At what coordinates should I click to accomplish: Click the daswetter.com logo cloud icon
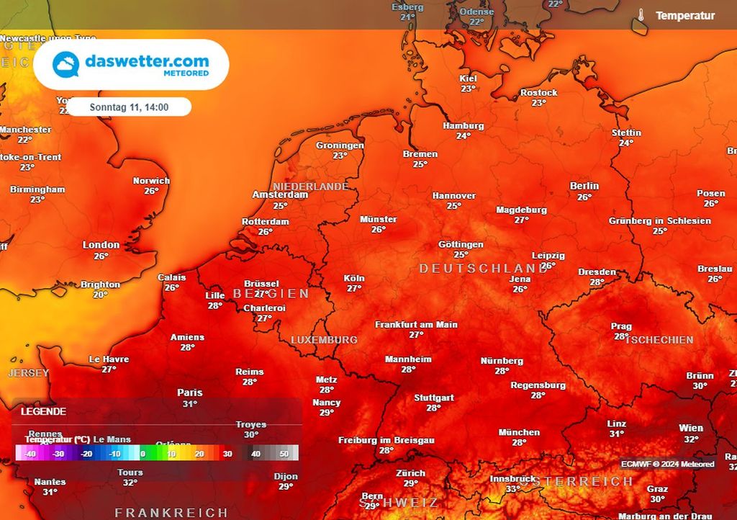tap(65, 64)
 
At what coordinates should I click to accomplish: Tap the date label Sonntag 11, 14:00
tap(130, 107)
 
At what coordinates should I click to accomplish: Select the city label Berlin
tap(584, 186)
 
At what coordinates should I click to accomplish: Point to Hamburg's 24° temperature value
tap(463, 135)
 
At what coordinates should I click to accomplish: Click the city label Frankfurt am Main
tap(416, 325)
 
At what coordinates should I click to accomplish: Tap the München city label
tap(519, 432)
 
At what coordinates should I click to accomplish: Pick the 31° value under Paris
tap(189, 404)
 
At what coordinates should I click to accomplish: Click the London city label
tap(101, 245)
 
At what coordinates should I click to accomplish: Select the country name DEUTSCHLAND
tap(484, 268)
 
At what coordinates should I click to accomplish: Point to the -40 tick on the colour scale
tap(30, 454)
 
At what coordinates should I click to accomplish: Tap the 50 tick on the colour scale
tap(284, 454)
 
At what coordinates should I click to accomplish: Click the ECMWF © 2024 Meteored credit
tap(669, 464)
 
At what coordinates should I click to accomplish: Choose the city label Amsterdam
tap(280, 194)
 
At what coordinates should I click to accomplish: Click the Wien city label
tap(691, 428)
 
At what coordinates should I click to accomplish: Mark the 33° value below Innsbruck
tap(512, 489)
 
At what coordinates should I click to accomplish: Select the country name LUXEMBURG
tap(324, 339)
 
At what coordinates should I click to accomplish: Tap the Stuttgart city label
tap(433, 398)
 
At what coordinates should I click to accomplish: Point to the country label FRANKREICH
tap(171, 513)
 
